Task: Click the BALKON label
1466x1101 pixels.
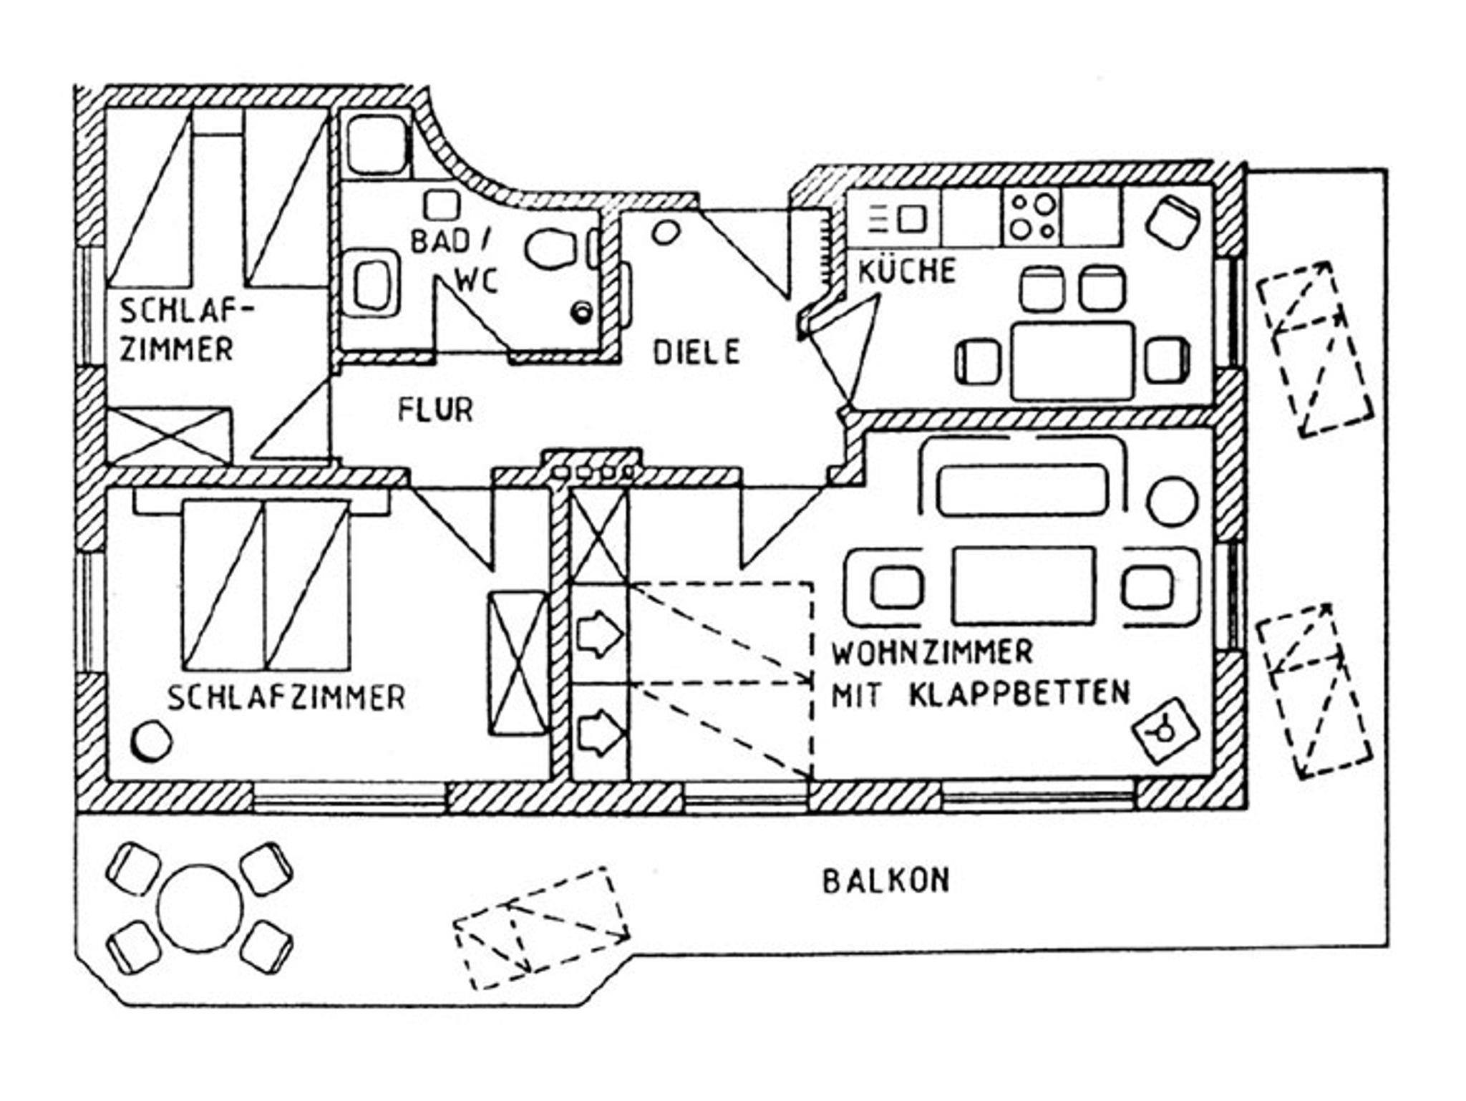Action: pyautogui.click(x=885, y=881)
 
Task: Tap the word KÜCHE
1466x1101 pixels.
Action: pyautogui.click(x=907, y=271)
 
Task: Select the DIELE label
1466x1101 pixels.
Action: pyautogui.click(x=696, y=351)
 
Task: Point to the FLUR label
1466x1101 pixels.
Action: pyautogui.click(x=435, y=410)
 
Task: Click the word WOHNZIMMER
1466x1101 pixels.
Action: pyautogui.click(x=932, y=652)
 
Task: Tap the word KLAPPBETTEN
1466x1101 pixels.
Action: pyautogui.click(x=1019, y=693)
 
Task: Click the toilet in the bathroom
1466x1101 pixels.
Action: pyautogui.click(x=550, y=248)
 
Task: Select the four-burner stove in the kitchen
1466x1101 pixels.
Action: pyautogui.click(x=1031, y=216)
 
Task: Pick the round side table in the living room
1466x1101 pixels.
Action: pyautogui.click(x=1172, y=500)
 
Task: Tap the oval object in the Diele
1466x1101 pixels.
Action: pyautogui.click(x=666, y=232)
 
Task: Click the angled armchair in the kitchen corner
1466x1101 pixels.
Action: pyautogui.click(x=1173, y=220)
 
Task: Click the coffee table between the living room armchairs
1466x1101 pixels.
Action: pyautogui.click(x=1023, y=586)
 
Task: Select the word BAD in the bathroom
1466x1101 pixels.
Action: pyautogui.click(x=439, y=242)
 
